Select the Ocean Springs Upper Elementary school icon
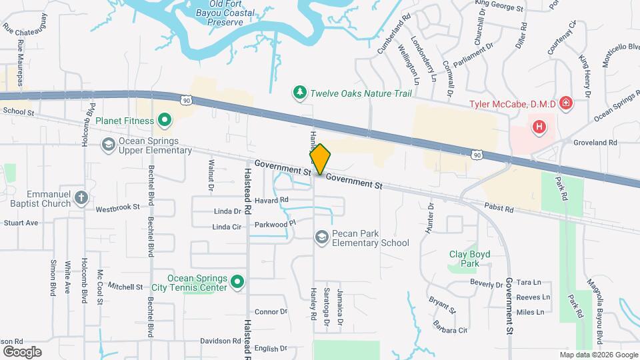pyautogui.click(x=108, y=144)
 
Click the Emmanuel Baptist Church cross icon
pyautogui.click(x=81, y=197)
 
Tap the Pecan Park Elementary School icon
pyautogui.click(x=322, y=238)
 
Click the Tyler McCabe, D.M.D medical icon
pyautogui.click(x=565, y=103)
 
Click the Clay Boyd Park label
pyautogui.click(x=465, y=259)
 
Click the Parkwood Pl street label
pyautogui.click(x=274, y=224)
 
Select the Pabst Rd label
pyautogui.click(x=499, y=209)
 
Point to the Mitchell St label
pyautogui.click(x=125, y=287)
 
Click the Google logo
pyautogui.click(x=22, y=351)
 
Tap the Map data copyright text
pyautogui.click(x=597, y=355)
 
